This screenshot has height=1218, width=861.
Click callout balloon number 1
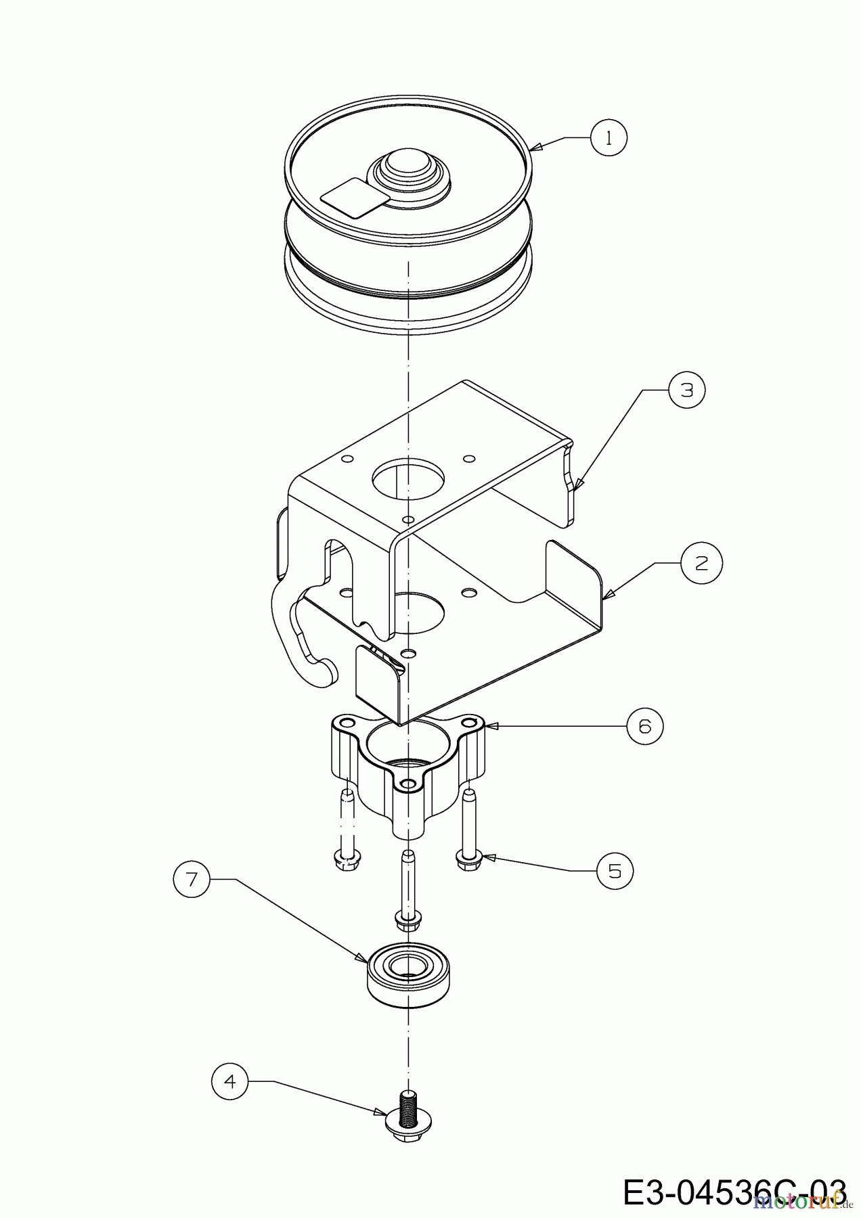(609, 138)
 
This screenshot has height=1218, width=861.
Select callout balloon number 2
(701, 562)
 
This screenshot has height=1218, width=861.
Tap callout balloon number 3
(687, 390)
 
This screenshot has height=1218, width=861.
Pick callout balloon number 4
(230, 1081)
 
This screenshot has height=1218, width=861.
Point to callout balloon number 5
(615, 870)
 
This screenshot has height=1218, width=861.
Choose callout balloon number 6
(644, 726)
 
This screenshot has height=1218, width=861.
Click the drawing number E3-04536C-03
(734, 1191)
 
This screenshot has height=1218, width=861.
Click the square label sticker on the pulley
(353, 198)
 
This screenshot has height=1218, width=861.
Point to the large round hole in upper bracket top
(409, 479)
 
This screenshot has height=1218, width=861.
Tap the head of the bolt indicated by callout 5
(468, 861)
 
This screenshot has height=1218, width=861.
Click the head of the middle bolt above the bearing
(408, 920)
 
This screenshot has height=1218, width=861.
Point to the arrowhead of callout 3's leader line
(577, 486)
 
